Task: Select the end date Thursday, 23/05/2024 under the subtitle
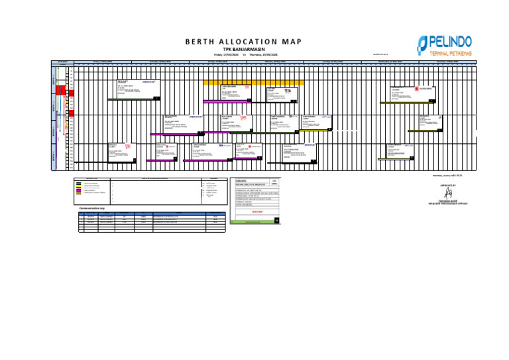coord(262,54)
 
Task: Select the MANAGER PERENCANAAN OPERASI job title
coord(449,204)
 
